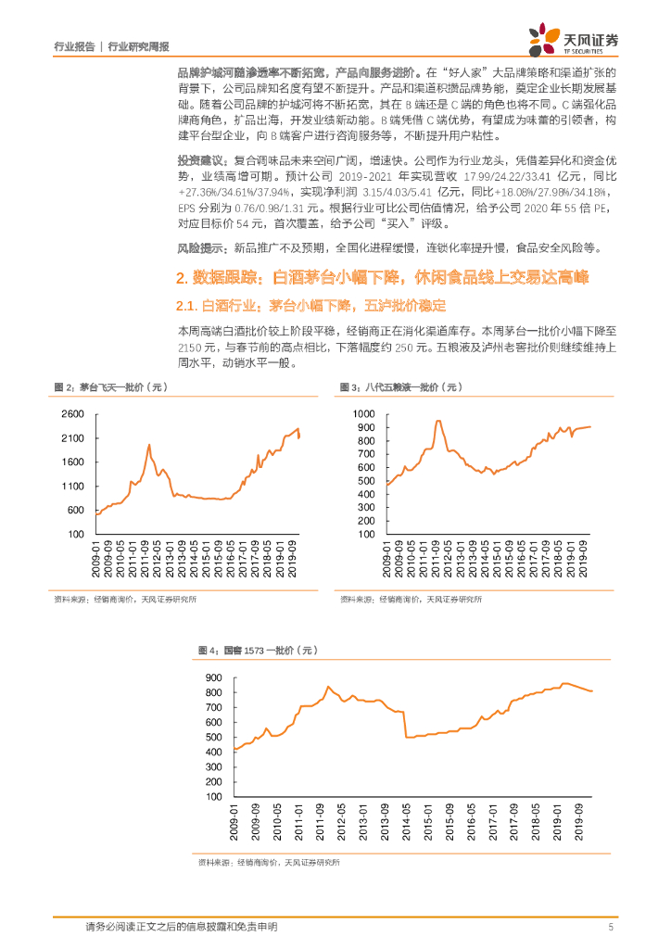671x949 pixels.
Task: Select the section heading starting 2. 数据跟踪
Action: click(x=382, y=277)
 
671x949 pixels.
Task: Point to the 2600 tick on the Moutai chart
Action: click(x=73, y=413)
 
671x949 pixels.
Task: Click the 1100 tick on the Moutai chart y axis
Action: click(x=73, y=487)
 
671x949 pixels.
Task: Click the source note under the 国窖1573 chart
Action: click(x=269, y=863)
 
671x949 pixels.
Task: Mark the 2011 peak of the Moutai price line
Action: click(x=149, y=445)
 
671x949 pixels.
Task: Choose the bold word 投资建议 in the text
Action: click(x=201, y=160)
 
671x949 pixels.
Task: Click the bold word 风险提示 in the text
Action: click(x=201, y=247)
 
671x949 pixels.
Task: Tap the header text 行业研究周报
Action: click(x=139, y=45)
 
